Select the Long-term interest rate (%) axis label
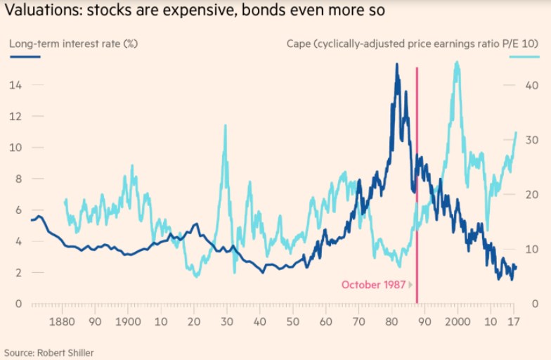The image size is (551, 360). [73, 44]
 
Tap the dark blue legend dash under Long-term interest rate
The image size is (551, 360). [25, 56]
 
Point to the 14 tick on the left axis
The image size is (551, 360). [14, 85]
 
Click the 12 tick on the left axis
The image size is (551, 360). [14, 116]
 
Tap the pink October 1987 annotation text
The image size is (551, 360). [374, 285]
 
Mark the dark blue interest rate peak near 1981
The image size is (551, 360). [396, 65]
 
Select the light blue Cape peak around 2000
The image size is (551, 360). [458, 63]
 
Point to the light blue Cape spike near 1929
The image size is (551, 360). [225, 126]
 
